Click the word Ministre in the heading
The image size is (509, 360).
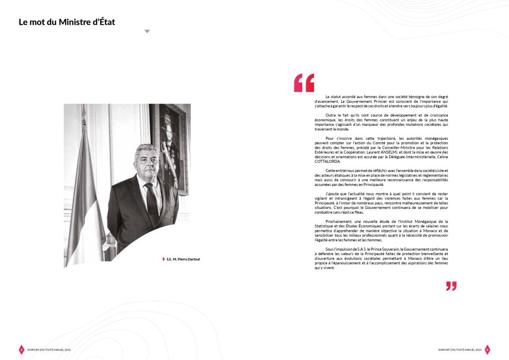click(74, 22)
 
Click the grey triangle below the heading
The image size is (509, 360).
click(147, 31)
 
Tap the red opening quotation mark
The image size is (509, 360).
click(304, 83)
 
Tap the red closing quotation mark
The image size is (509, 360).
click(451, 286)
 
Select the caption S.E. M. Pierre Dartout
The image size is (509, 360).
click(183, 259)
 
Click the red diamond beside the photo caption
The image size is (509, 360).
click(163, 259)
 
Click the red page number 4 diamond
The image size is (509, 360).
click(21, 350)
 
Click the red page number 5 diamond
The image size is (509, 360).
click(487, 350)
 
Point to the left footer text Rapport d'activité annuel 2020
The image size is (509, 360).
click(49, 350)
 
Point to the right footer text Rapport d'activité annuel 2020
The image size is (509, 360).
click(460, 350)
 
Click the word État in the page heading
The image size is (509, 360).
click(105, 22)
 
